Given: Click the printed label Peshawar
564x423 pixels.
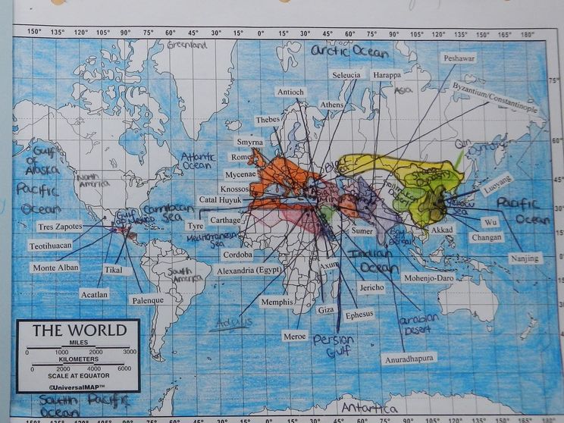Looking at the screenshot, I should click(460, 58).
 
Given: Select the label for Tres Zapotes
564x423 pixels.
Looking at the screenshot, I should click(59, 226).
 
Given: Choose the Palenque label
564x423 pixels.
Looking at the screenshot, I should click(147, 299).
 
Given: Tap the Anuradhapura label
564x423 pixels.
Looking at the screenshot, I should click(409, 358).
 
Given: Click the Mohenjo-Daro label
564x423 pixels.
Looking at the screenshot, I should click(428, 278).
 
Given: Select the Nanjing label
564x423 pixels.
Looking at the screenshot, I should click(525, 258).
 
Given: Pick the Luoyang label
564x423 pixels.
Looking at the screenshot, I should click(497, 183).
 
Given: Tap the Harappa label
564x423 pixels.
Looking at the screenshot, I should click(387, 74).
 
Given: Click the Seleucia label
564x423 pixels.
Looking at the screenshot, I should click(346, 74).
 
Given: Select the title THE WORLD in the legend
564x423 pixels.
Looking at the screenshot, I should click(79, 331).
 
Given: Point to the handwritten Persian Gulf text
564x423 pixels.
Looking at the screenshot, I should click(334, 346).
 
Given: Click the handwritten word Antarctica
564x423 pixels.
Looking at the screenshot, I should click(368, 408).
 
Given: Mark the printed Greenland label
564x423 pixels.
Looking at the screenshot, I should click(187, 45).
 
